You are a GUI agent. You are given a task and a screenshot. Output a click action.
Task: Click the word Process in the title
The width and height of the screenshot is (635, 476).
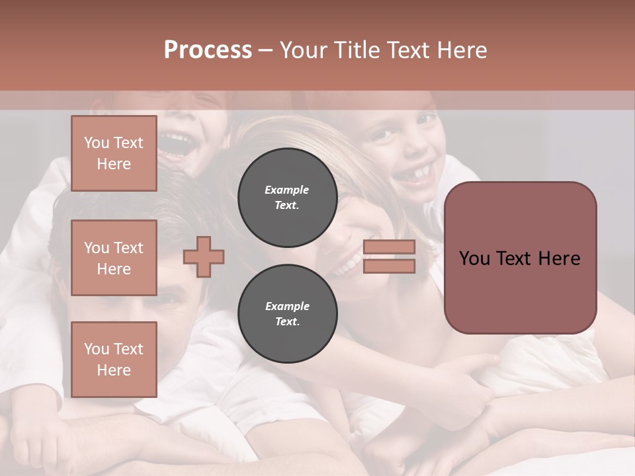(x=208, y=50)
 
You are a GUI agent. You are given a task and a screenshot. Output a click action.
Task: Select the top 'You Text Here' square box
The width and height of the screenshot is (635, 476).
(x=114, y=153)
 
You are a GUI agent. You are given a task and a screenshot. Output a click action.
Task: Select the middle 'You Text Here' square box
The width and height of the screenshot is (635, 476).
(x=114, y=258)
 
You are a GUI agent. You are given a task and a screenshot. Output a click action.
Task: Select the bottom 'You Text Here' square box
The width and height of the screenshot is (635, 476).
(x=114, y=360)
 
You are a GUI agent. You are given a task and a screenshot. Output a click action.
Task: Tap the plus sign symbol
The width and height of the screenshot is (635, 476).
(x=204, y=256)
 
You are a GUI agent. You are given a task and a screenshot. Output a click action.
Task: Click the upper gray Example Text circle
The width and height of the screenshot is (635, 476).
(x=287, y=198)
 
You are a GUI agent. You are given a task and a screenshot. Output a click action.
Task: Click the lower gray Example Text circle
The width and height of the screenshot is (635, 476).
(x=287, y=313)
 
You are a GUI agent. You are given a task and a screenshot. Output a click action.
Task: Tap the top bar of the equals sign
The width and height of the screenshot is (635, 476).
(x=390, y=247)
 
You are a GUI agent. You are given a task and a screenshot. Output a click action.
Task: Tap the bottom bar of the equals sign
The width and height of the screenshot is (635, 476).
(x=390, y=266)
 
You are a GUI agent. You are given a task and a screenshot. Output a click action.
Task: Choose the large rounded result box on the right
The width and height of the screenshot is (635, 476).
(x=520, y=258)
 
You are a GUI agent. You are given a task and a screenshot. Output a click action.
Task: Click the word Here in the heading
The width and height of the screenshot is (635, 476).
(x=460, y=50)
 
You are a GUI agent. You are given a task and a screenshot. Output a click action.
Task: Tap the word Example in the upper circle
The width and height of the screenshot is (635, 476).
(x=287, y=190)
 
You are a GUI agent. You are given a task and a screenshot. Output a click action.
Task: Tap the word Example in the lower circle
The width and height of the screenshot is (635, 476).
(x=287, y=306)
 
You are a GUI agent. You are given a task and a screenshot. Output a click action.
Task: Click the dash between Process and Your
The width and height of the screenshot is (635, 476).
(x=266, y=51)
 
